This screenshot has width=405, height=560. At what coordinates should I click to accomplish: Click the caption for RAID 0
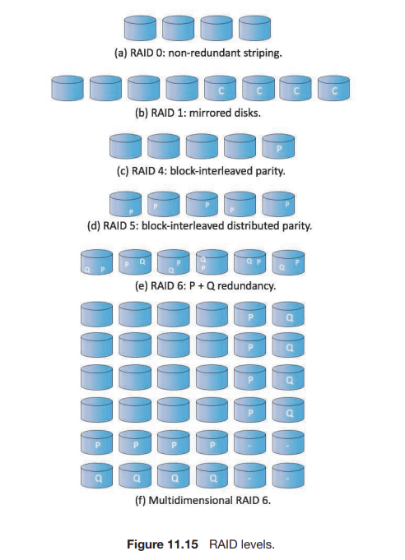click(198, 53)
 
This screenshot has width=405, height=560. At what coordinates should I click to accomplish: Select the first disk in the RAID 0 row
click(140, 29)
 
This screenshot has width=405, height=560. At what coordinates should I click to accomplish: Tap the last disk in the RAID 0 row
click(254, 29)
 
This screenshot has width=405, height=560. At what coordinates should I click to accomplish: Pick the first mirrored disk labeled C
click(220, 88)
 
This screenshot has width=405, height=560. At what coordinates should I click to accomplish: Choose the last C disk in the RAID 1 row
click(334, 88)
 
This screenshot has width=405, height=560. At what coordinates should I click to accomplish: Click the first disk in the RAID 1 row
click(67, 88)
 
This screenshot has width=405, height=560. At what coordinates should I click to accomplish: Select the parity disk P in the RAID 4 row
click(278, 146)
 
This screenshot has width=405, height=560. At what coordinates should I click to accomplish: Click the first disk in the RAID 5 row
click(125, 204)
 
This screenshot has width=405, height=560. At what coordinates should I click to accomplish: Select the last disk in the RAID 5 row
click(278, 204)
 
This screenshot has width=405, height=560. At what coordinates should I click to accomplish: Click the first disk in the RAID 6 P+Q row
click(97, 262)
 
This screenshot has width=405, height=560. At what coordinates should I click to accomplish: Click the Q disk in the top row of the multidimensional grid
click(288, 314)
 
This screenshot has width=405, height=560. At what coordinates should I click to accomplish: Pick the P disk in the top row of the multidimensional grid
click(250, 314)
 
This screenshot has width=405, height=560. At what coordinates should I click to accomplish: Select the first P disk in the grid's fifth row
click(97, 442)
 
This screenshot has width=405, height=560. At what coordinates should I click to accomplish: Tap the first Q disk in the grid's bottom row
click(97, 475)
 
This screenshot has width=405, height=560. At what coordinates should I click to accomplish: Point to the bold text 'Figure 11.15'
click(162, 544)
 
